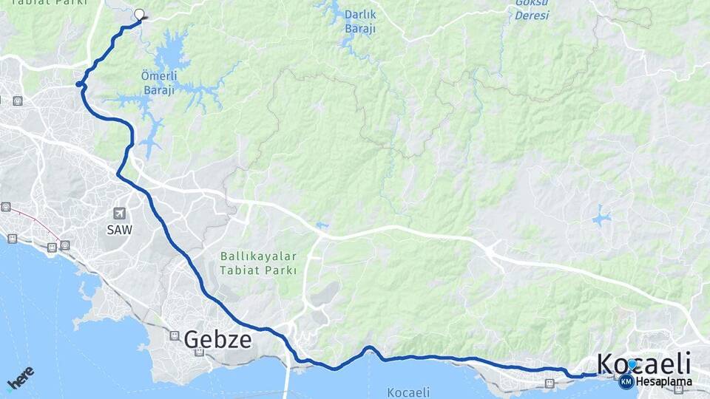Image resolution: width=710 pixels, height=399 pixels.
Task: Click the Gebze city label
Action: pyautogui.click(x=217, y=339)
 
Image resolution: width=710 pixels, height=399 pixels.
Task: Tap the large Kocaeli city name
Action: pyautogui.click(x=643, y=364)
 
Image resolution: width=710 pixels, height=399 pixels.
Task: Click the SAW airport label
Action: pyautogui.click(x=118, y=230)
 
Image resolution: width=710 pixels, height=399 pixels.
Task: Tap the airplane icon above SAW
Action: pyautogui.click(x=118, y=214)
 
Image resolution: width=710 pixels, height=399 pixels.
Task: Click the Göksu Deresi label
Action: pyautogui.click(x=532, y=9)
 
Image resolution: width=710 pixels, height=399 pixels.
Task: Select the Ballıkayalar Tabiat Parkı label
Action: pyautogui.click(x=258, y=263)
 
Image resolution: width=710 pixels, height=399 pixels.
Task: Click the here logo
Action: pyautogui.click(x=20, y=378)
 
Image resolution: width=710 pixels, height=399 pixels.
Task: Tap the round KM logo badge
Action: pyautogui.click(x=626, y=381)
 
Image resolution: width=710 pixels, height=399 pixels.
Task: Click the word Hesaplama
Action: pyautogui.click(x=663, y=382)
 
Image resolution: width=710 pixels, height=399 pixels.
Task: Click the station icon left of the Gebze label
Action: pyautogui.click(x=175, y=335)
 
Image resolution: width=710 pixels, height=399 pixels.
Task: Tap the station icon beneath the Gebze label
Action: pyautogui.click(x=198, y=353)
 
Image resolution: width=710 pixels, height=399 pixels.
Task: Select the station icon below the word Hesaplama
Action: pyautogui.click(x=678, y=389)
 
